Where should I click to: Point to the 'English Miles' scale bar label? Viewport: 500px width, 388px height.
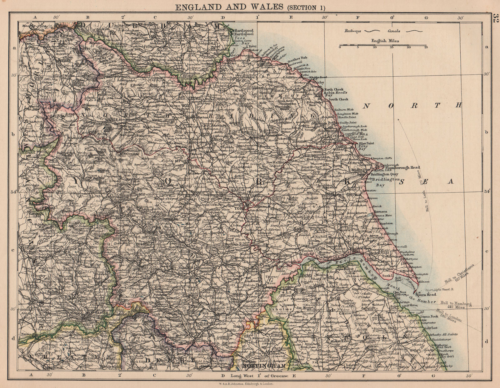(385, 41)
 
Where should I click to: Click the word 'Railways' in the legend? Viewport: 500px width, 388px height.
(352, 31)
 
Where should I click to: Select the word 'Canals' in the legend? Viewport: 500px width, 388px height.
(394, 31)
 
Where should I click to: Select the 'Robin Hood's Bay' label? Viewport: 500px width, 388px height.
(336, 93)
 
